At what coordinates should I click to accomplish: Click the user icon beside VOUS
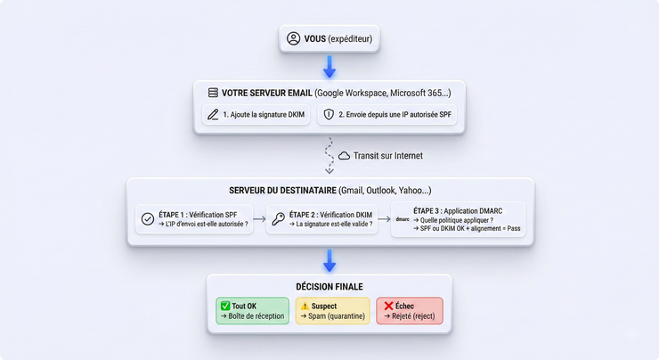(x=294, y=39)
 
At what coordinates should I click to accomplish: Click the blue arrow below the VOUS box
(x=329, y=67)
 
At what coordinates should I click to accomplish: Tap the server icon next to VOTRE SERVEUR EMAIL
(x=213, y=93)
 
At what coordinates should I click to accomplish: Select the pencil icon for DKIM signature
(x=213, y=115)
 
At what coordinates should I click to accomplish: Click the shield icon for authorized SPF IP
(x=329, y=115)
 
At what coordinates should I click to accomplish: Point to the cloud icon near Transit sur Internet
(x=344, y=156)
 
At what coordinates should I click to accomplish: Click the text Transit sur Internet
(x=387, y=156)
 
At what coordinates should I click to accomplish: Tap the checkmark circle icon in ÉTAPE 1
(x=148, y=218)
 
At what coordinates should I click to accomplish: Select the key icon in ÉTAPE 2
(x=279, y=218)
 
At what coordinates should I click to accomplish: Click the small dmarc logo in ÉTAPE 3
(x=403, y=218)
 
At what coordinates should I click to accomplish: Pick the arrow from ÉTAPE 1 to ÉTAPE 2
(x=258, y=218)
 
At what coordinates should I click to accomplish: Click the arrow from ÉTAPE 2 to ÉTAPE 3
(x=382, y=218)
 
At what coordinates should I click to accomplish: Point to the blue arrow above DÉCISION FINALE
(x=329, y=260)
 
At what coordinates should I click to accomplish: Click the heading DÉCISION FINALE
(x=329, y=286)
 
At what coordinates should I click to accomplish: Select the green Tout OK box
(x=253, y=311)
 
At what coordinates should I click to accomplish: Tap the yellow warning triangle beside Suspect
(x=304, y=306)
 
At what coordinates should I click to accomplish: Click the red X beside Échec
(x=388, y=306)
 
